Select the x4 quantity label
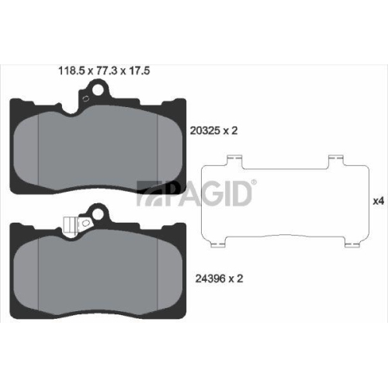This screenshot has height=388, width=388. point(379,201)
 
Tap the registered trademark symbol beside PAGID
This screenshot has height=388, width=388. point(254,182)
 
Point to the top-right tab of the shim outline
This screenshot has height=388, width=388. point(337,161)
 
